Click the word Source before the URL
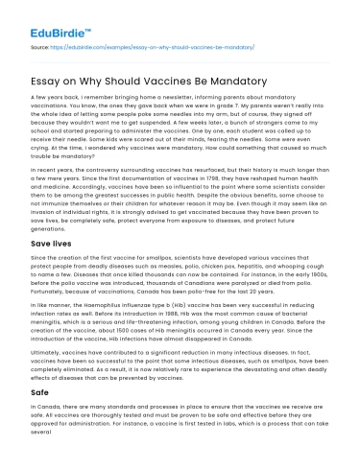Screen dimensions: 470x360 38,46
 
